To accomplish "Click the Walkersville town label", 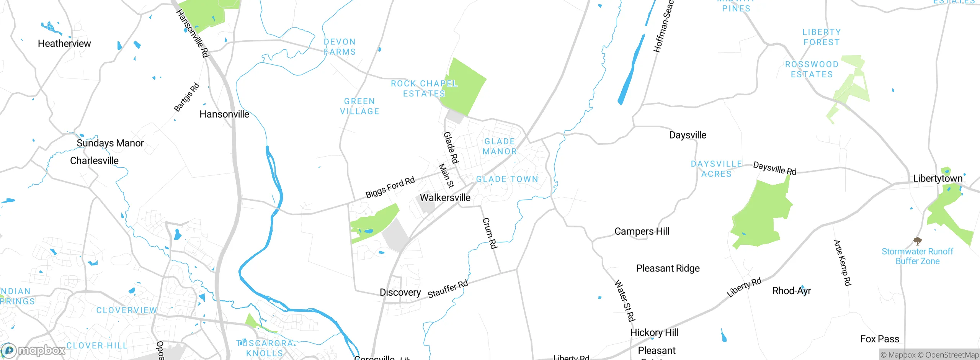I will click(x=445, y=198).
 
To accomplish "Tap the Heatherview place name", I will click(x=64, y=44).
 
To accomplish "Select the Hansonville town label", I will click(x=224, y=114).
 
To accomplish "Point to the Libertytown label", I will click(x=938, y=178).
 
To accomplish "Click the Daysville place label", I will click(x=688, y=135).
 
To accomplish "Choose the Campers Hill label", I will click(x=642, y=231).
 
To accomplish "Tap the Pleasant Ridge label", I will click(x=668, y=268).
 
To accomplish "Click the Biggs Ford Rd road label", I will click(x=390, y=187).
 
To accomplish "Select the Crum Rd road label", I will click(x=490, y=233).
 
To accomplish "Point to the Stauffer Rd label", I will click(x=448, y=289).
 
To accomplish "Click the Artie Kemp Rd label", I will click(x=842, y=263).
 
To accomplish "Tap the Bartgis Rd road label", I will click(x=186, y=97).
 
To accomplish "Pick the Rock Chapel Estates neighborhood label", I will click(x=424, y=89).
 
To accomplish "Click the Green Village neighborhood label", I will click(x=359, y=106).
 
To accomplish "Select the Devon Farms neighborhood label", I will click(x=340, y=47).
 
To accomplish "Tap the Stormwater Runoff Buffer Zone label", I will click(x=917, y=256).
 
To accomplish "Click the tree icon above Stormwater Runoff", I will click(x=917, y=241).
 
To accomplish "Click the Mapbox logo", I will click(x=34, y=350).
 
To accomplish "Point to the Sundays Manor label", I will click(x=110, y=143).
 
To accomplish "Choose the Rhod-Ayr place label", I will click(x=791, y=291).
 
